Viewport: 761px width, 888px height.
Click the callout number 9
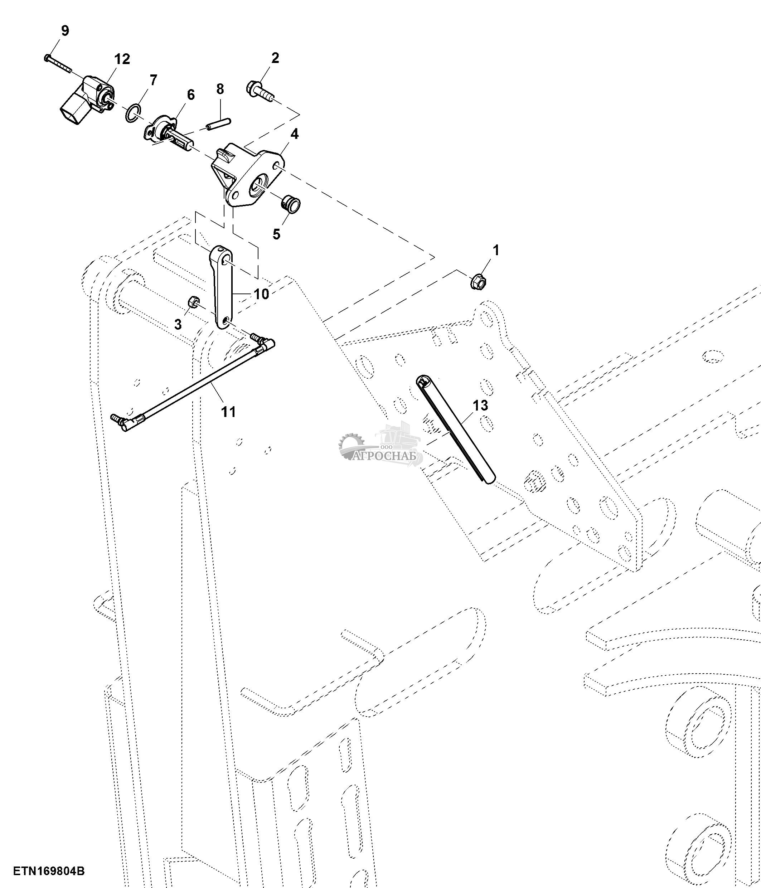point(65,31)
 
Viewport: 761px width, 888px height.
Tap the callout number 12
point(122,59)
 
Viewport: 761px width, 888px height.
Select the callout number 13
point(480,406)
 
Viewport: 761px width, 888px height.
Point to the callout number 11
point(228,412)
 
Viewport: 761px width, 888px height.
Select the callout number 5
point(276,234)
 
